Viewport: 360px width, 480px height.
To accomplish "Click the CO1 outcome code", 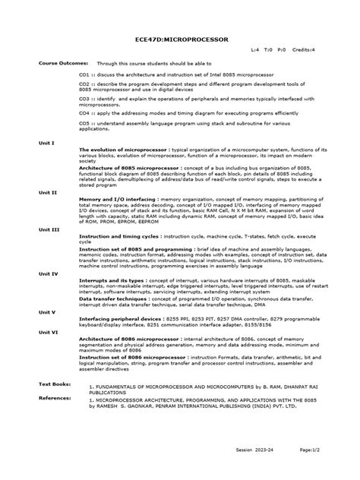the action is pos(84,76).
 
